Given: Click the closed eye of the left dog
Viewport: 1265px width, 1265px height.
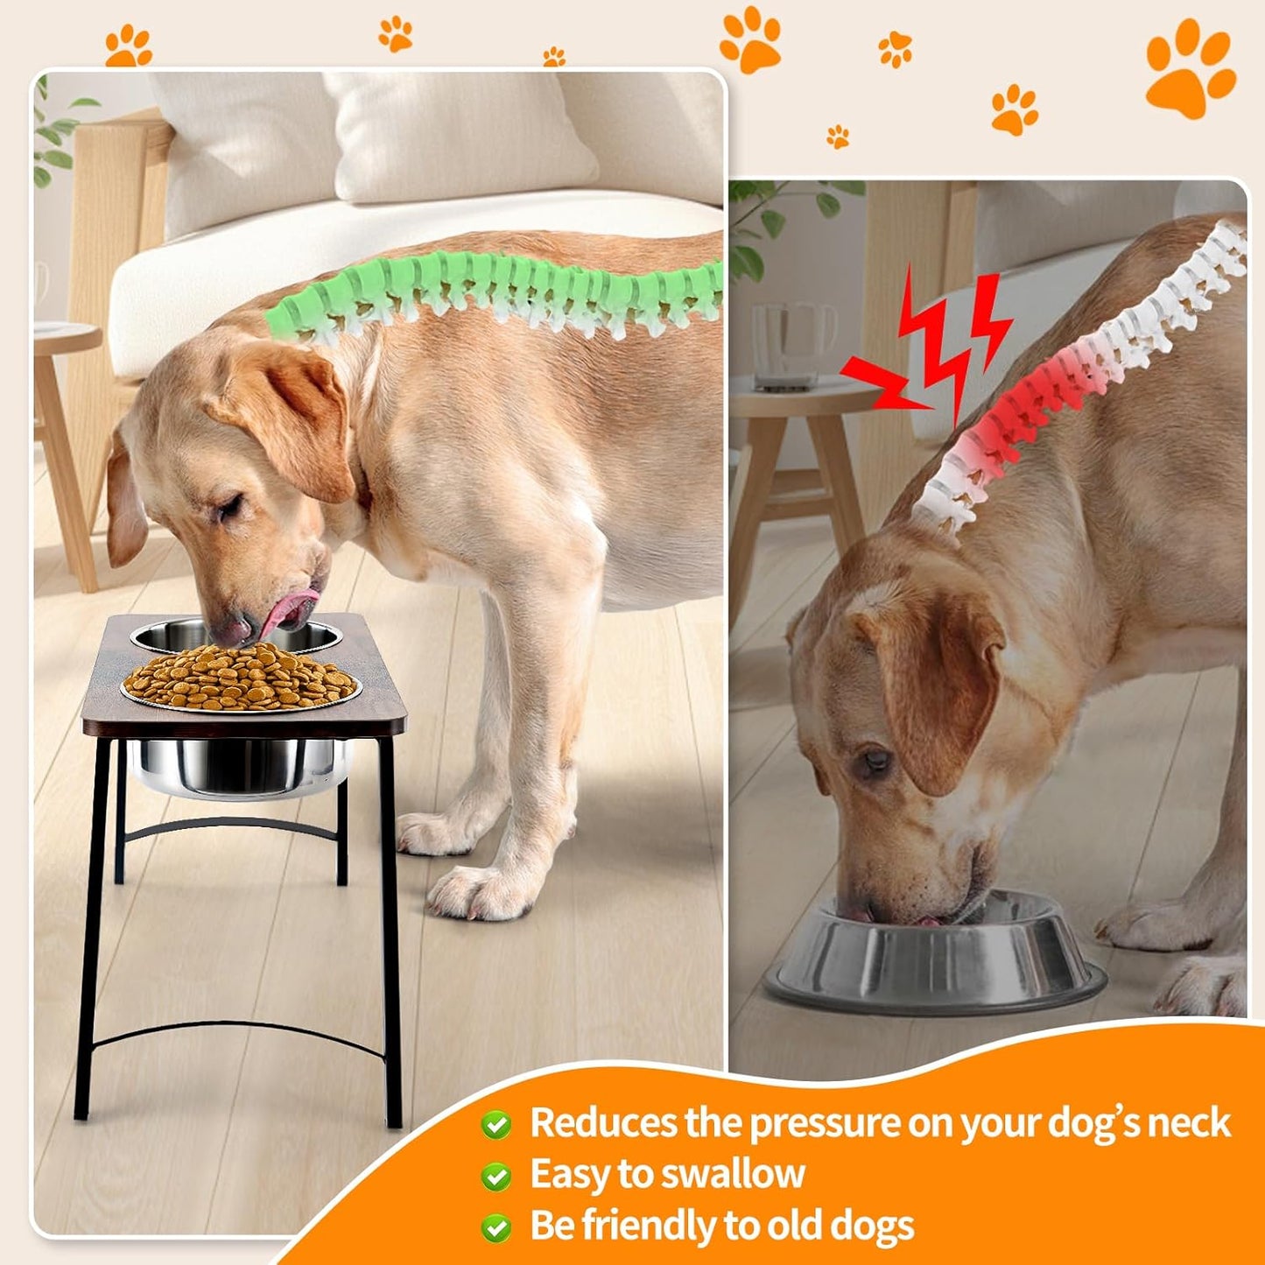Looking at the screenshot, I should [x=229, y=506].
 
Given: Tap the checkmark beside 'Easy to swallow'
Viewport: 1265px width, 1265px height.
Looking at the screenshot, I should [x=496, y=1176].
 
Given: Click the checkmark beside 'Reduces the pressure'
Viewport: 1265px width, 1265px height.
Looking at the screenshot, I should [x=496, y=1124].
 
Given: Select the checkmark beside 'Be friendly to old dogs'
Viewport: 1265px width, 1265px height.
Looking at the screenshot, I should [x=496, y=1227].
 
